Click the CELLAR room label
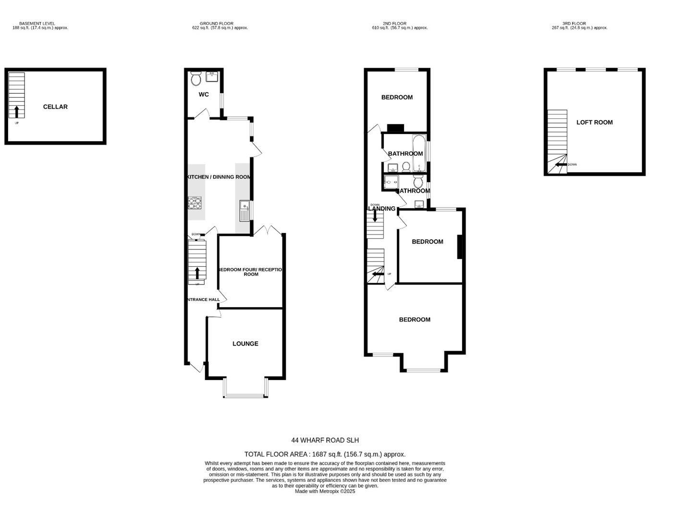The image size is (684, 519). point(55,107)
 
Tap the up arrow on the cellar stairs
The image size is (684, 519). point(17,112)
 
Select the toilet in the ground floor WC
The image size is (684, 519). point(196,78)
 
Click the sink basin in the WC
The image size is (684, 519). point(212,76)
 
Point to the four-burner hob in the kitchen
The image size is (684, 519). point(195,203)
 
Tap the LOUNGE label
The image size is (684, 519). point(245,344)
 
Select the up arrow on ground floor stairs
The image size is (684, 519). point(197,273)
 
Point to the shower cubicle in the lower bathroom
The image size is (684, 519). point(391,183)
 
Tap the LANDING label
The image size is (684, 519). point(382,209)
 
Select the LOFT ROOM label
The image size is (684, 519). point(594,122)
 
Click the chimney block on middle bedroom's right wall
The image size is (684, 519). point(460,247)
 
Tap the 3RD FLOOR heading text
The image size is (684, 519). point(574,23)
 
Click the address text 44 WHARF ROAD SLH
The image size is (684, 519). point(325,440)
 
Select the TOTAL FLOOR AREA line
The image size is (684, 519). point(325,454)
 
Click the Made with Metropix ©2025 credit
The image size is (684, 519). point(325,491)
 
